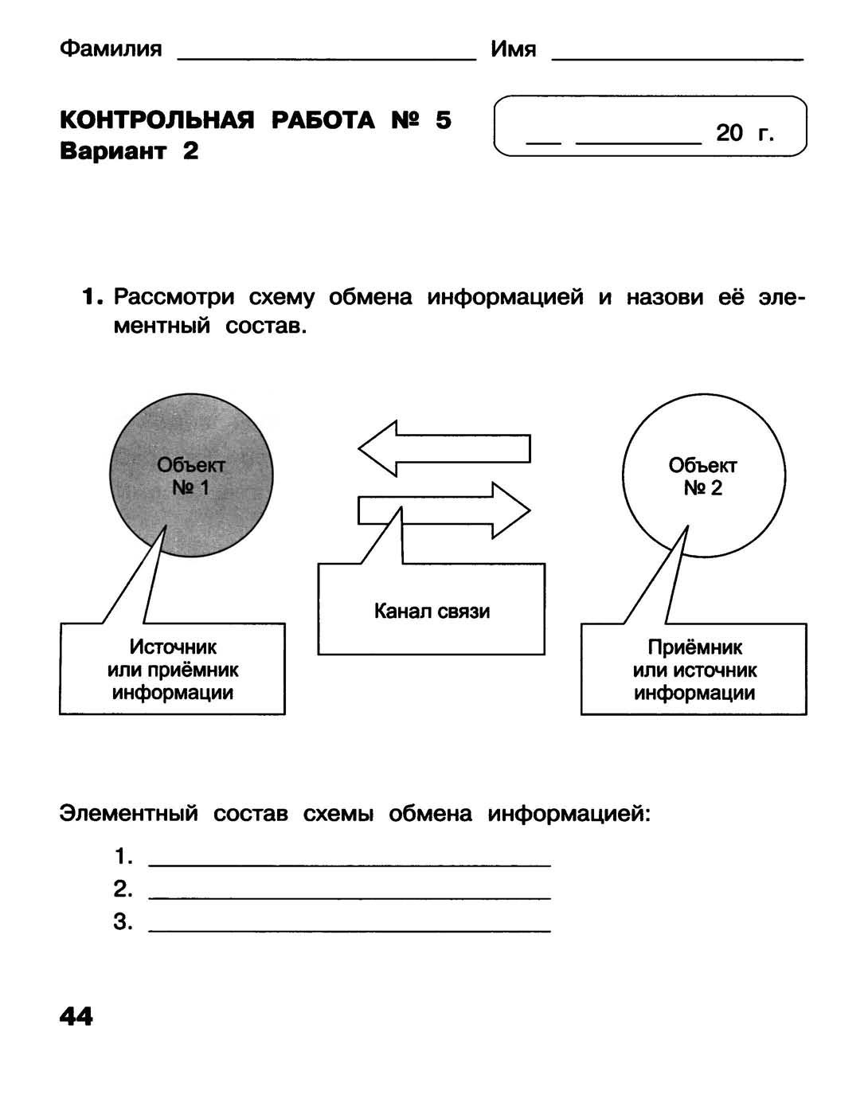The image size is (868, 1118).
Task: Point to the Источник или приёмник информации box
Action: point(172,669)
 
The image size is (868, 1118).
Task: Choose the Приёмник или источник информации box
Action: point(694,669)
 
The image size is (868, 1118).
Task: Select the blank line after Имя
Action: point(677,56)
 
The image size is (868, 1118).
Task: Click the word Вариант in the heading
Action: point(113,151)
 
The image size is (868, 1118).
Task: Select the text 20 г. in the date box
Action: point(745,133)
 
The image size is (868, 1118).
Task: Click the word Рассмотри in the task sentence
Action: point(174,297)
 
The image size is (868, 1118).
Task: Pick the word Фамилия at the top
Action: point(111,49)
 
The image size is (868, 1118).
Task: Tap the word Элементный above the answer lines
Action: point(128,814)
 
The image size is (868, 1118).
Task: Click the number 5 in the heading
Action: point(443,120)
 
